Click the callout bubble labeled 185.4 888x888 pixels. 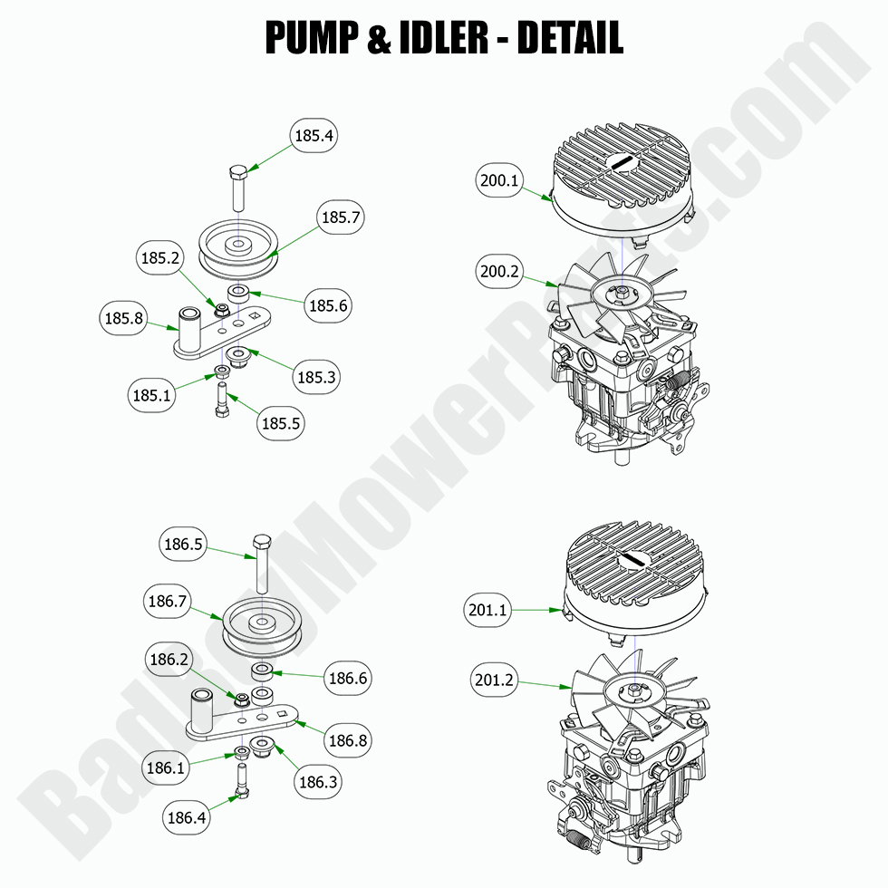click(314, 137)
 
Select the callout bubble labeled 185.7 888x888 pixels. click(341, 217)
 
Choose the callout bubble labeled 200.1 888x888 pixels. click(500, 181)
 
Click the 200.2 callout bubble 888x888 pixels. click(500, 271)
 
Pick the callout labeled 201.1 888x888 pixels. click(487, 610)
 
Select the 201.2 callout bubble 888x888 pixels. click(494, 680)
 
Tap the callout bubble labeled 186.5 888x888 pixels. click(182, 545)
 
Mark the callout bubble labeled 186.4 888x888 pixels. click(187, 817)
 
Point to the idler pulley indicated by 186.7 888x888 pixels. click(262, 624)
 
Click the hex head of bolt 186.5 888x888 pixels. click(262, 542)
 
